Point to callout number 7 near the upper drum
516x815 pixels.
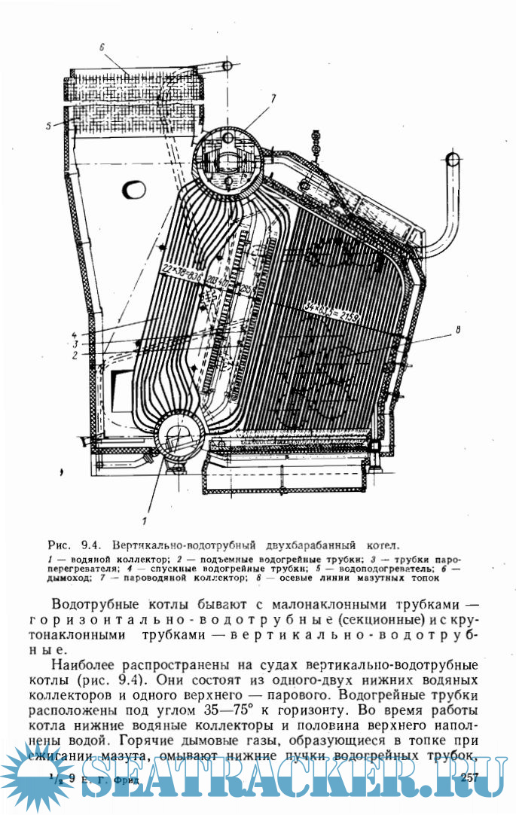click(x=274, y=98)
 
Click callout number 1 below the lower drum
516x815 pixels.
click(x=145, y=519)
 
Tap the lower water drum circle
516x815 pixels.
click(x=179, y=438)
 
